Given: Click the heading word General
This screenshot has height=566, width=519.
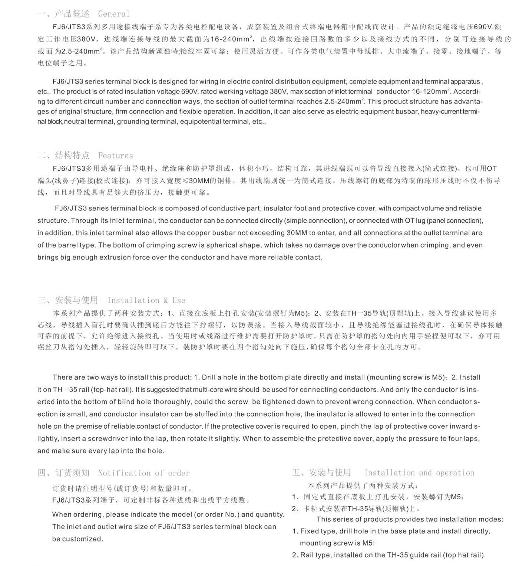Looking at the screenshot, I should pyautogui.click(x=114, y=14).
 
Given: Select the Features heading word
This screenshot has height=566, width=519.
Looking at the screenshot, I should pyautogui.click(x=115, y=156).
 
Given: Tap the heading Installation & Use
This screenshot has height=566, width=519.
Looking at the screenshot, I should pyautogui.click(x=146, y=300).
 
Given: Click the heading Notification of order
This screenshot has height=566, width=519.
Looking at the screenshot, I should pyautogui.click(x=144, y=473).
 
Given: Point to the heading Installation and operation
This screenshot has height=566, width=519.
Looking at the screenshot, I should pyautogui.click(x=419, y=473).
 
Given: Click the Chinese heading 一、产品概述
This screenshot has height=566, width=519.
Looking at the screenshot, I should pyautogui.click(x=63, y=14).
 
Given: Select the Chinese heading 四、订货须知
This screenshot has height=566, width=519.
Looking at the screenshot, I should pyautogui.click(x=63, y=473).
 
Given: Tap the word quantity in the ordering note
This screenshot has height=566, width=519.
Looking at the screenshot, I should pyautogui.click(x=270, y=514).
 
